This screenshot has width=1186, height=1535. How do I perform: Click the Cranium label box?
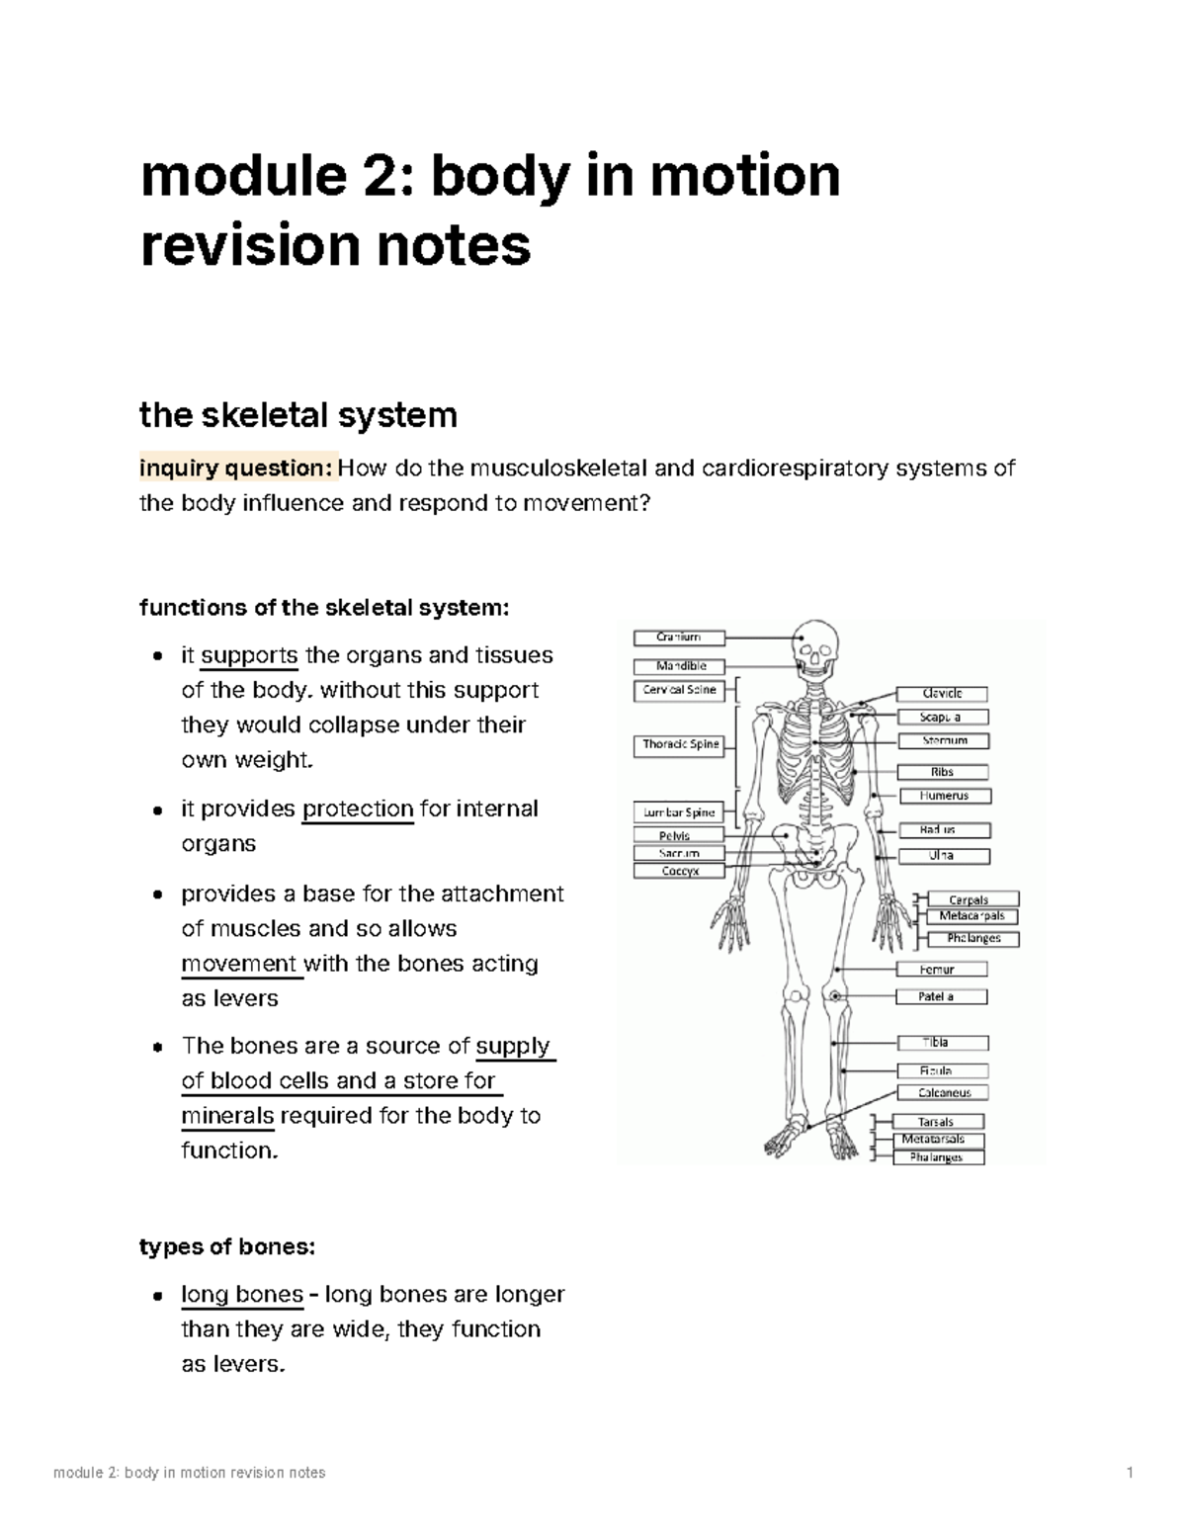click(679, 638)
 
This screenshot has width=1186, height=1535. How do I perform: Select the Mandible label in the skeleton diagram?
click(679, 666)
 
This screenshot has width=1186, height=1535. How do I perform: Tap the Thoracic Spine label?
click(680, 744)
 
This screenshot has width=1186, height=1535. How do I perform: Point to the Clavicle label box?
click(942, 694)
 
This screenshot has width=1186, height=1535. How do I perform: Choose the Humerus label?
click(944, 796)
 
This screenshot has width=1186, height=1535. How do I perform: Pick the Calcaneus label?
click(944, 1093)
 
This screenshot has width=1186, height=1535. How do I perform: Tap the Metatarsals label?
click(933, 1140)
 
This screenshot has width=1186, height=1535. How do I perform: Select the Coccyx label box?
click(679, 871)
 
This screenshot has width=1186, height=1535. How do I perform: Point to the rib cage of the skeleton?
click(815, 751)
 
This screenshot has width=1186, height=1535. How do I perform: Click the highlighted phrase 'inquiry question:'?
click(238, 468)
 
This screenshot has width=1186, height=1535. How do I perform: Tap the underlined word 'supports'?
click(249, 655)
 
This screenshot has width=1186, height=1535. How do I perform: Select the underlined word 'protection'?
click(357, 810)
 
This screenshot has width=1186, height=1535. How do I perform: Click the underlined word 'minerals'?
click(227, 1116)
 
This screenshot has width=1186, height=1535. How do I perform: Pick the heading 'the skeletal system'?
click(298, 415)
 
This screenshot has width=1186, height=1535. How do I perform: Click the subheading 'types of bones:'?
click(227, 1247)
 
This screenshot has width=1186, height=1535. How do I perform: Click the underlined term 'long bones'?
click(242, 1295)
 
